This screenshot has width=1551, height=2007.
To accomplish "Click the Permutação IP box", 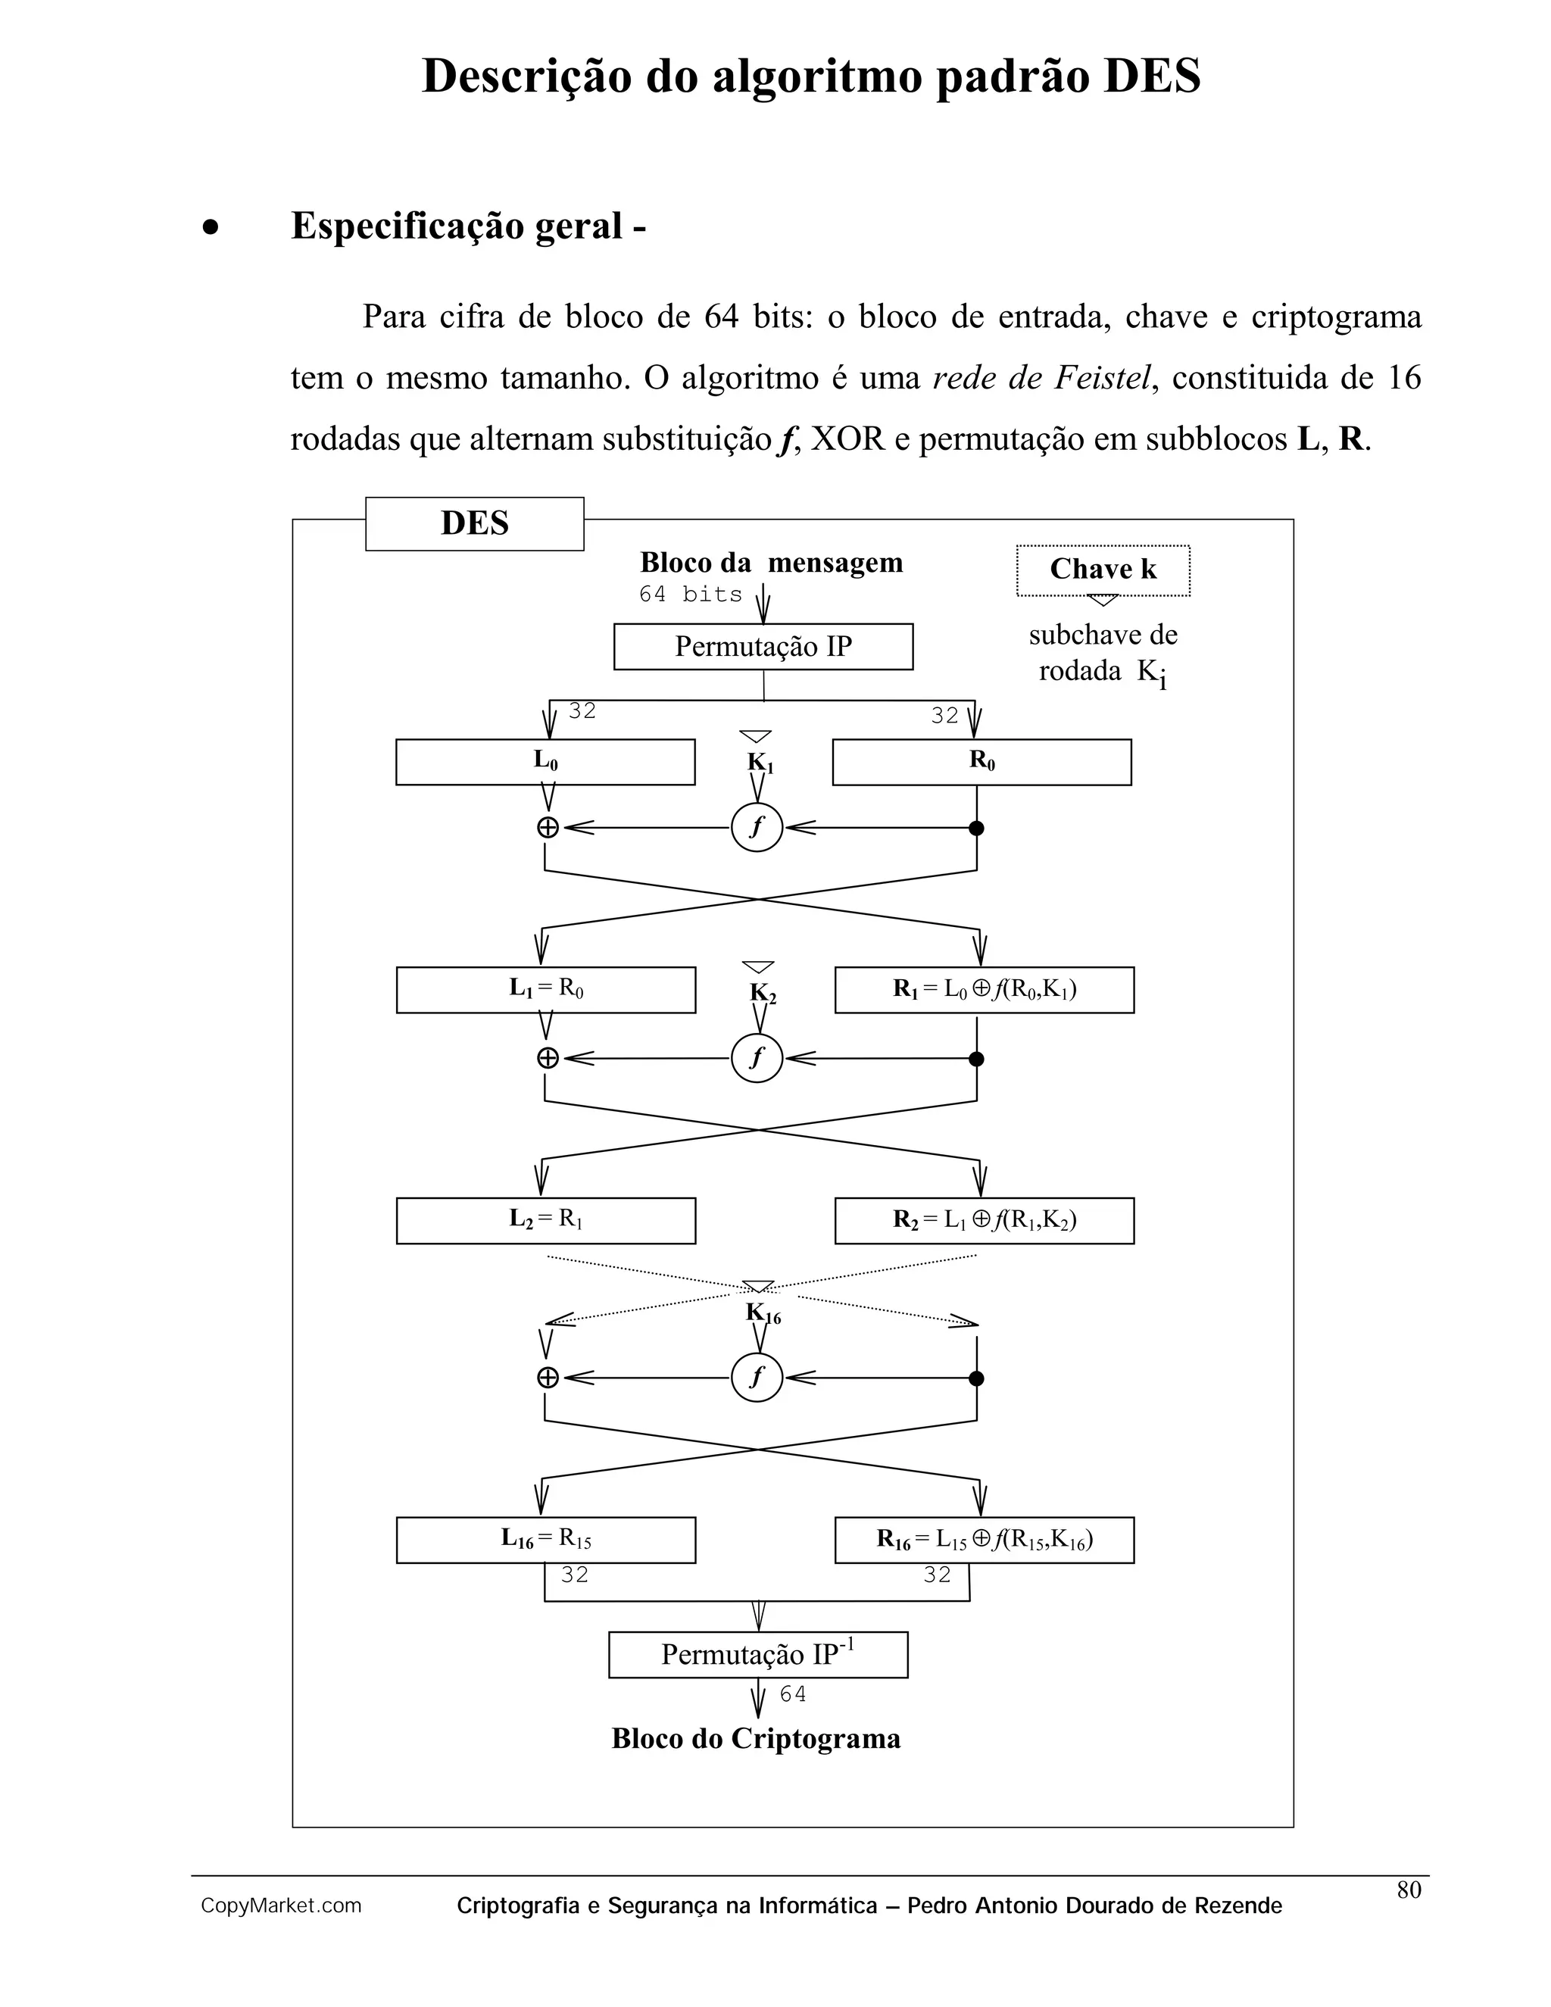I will coord(763,646).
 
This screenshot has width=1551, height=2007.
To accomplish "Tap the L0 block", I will coord(545,762).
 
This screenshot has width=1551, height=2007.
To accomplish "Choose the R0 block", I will coord(981,762).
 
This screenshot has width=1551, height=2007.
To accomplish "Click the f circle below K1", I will coord(757,827).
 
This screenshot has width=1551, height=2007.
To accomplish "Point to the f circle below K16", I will coord(757,1378).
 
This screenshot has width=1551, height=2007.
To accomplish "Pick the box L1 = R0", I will coord(546,990).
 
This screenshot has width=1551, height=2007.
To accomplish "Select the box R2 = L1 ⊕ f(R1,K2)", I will coord(984,1220).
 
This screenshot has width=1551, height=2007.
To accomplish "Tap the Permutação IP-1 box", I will coord(758,1655).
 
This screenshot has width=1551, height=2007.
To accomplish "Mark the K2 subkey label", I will coord(763,992).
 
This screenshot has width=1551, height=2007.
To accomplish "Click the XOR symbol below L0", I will coord(548,828).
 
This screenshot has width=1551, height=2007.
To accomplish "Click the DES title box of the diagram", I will coord(474,524).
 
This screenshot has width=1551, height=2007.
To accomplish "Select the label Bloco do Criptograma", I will coord(757,1739).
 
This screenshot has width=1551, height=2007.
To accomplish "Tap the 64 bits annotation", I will coord(691,595).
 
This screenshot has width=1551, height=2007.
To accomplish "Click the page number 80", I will coord(1409,1890).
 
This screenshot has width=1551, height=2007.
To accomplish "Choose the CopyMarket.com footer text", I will coord(281,1906).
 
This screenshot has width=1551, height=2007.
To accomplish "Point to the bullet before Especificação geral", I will coord(211,227).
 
